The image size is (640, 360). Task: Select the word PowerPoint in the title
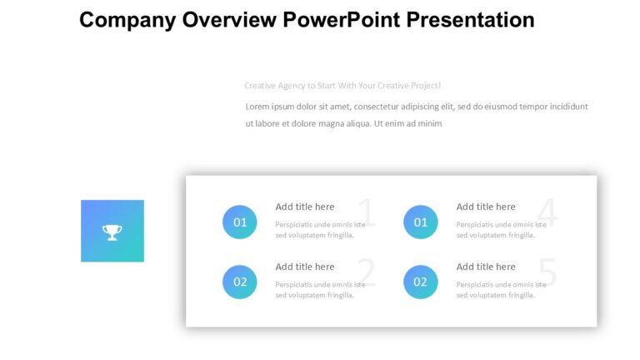pyautogui.click(x=342, y=20)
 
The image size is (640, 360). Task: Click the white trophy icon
pyautogui.click(x=112, y=232)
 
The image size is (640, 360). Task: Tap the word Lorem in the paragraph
pyautogui.click(x=258, y=107)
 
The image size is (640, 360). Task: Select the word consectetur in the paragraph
pyautogui.click(x=389, y=107)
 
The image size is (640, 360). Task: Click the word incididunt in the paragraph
pyautogui.click(x=565, y=107)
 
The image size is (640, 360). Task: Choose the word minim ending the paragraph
pyautogui.click(x=429, y=124)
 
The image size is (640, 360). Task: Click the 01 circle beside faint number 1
pyautogui.click(x=240, y=222)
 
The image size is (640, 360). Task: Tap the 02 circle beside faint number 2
pyautogui.click(x=240, y=282)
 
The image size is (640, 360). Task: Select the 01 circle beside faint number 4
pyautogui.click(x=421, y=222)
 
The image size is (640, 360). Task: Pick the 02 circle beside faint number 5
pyautogui.click(x=421, y=282)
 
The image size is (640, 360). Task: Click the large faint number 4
pyautogui.click(x=547, y=214)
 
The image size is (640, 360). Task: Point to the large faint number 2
pyautogui.click(x=366, y=273)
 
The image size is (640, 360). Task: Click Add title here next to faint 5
pyautogui.click(x=486, y=267)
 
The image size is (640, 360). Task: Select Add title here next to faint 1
pyautogui.click(x=305, y=207)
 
